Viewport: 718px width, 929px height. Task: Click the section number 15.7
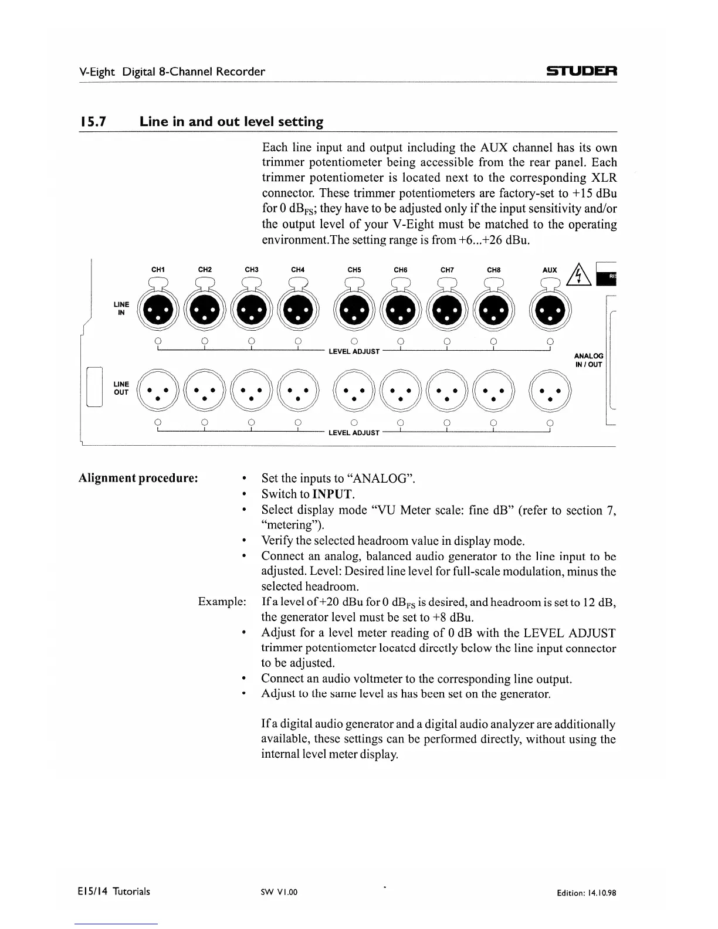click(x=92, y=122)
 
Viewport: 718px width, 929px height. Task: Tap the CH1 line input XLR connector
click(x=158, y=310)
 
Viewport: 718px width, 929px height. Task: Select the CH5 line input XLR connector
click(x=354, y=310)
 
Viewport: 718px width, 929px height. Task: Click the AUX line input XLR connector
click(x=550, y=310)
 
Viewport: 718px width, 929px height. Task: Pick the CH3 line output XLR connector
click(x=251, y=392)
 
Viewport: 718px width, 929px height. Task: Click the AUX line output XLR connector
click(x=550, y=392)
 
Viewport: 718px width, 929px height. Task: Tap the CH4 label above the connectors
click(x=298, y=270)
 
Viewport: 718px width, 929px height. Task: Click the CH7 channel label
click(x=447, y=270)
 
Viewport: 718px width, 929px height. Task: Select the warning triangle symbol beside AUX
click(x=579, y=273)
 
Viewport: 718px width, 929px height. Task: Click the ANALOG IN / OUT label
click(x=588, y=360)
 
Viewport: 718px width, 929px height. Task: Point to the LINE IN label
click(x=121, y=308)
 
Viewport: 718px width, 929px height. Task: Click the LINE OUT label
click(x=121, y=388)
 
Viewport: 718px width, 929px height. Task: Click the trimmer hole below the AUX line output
click(x=550, y=422)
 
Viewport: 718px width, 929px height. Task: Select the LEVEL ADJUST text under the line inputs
click(x=354, y=351)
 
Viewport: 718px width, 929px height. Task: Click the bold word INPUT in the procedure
click(x=333, y=494)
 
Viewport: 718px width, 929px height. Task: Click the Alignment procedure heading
click(x=138, y=477)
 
